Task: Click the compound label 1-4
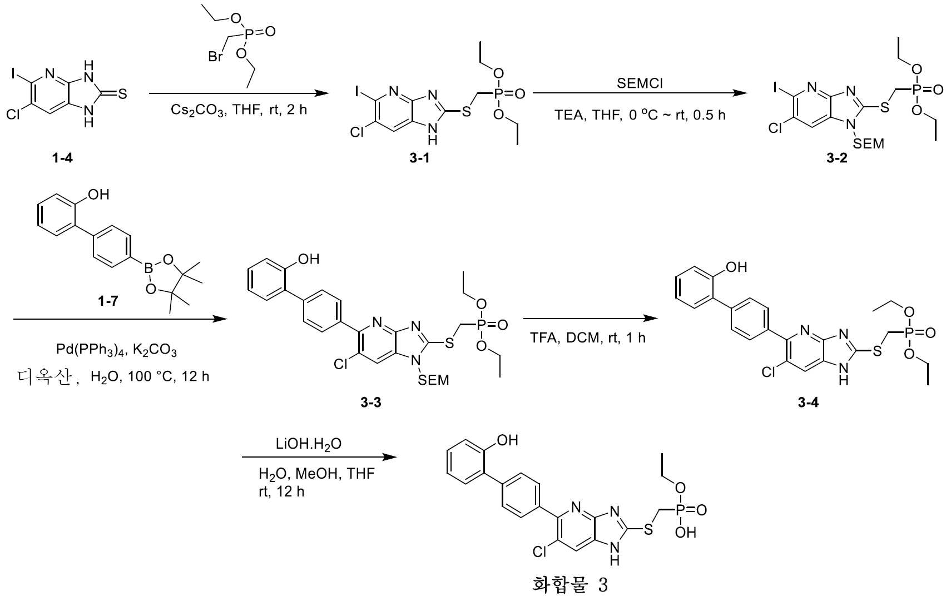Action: [x=62, y=158]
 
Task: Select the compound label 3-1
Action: [x=419, y=158]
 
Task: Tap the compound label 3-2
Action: [x=836, y=158]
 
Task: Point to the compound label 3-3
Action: [x=370, y=403]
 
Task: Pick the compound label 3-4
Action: [x=808, y=403]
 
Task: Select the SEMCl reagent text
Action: [x=640, y=83]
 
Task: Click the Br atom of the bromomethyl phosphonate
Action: [x=216, y=56]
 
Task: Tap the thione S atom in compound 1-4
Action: [x=122, y=94]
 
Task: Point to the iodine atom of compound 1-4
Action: [x=12, y=73]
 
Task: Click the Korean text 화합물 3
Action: [x=569, y=585]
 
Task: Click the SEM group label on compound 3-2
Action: [x=868, y=144]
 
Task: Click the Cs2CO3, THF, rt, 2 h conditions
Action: [x=239, y=110]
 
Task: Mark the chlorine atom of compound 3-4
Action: [x=768, y=372]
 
